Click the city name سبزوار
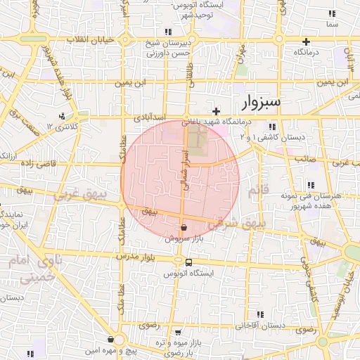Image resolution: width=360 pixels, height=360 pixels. coord(261,103)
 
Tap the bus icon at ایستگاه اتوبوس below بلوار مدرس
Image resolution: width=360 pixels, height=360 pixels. coord(188,262)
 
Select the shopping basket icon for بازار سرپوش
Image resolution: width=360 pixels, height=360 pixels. coord(184,227)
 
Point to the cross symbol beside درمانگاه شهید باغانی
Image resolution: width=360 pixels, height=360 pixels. coord(217,111)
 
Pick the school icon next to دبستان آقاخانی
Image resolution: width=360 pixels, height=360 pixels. coord(259,314)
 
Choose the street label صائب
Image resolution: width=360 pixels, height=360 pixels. coord(304,159)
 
